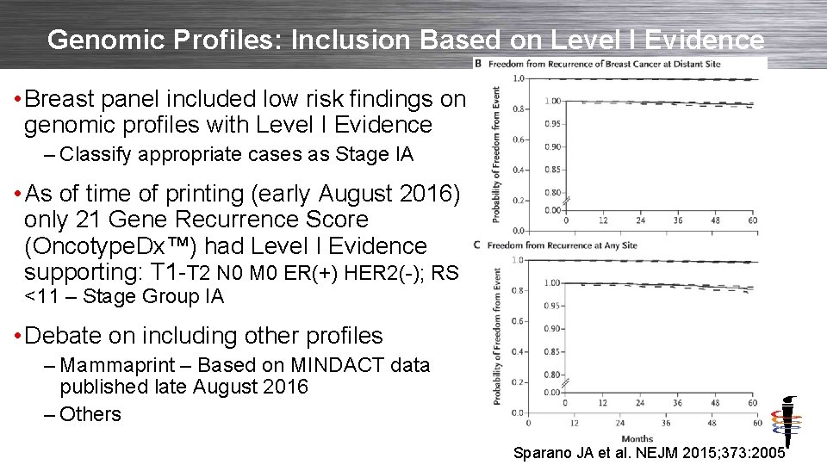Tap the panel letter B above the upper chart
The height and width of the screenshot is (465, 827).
[478, 63]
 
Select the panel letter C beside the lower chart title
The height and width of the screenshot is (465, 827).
[478, 245]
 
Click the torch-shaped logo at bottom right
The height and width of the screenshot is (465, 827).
[787, 422]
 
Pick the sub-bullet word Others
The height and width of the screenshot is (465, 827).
[90, 414]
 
